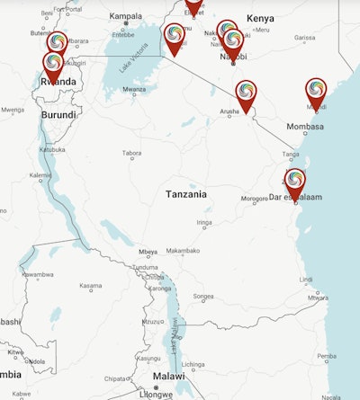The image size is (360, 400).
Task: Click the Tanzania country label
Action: [185, 194]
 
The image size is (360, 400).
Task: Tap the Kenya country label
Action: [260, 18]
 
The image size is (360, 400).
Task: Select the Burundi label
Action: [58, 115]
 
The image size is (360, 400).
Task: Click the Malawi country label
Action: [168, 377]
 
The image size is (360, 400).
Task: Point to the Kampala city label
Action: [125, 16]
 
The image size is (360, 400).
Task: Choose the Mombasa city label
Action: [304, 127]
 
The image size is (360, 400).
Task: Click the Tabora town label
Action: [130, 154]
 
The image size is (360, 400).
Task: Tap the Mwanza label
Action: [134, 89]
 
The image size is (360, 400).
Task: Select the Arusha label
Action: [229, 111]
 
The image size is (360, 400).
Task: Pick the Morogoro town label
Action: [254, 199]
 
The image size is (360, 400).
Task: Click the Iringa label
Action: [204, 222]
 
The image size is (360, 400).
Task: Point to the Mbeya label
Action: [148, 252]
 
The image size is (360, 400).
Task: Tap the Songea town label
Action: [203, 296]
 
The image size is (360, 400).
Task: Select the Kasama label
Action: [90, 288]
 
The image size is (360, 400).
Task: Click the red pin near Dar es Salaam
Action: [294, 182]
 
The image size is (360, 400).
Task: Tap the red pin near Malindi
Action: [316, 92]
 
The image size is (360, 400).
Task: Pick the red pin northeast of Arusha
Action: [246, 94]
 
